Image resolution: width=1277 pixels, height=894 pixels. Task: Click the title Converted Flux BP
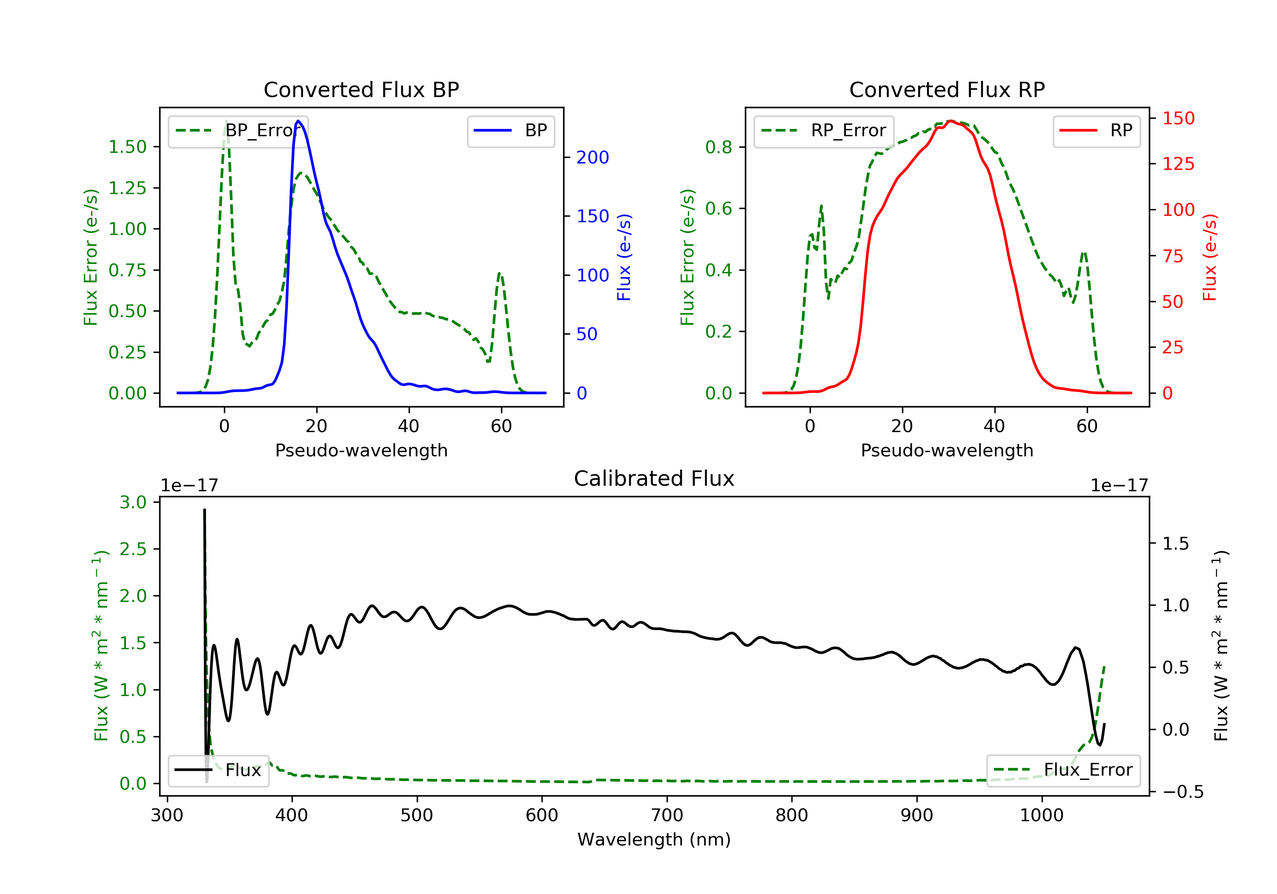tap(361, 89)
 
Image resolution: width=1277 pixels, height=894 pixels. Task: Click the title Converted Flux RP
tap(947, 89)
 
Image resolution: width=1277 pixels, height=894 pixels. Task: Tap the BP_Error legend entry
tap(238, 131)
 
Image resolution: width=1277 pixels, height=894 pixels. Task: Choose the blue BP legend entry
tap(510, 131)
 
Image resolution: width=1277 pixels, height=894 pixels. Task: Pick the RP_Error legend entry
tap(823, 131)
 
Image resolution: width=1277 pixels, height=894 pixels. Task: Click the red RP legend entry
tap(1096, 131)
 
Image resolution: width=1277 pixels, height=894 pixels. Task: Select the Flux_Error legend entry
tap(1063, 770)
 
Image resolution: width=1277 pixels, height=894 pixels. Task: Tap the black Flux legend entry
tap(218, 770)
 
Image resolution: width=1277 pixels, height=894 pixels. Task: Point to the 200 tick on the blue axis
tap(593, 158)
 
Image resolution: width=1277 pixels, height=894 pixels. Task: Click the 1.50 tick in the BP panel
tap(127, 147)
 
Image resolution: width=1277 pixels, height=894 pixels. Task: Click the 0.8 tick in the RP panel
tap(718, 147)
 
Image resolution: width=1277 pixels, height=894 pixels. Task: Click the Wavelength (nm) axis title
tap(654, 840)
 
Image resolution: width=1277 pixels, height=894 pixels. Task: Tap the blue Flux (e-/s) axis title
tap(624, 257)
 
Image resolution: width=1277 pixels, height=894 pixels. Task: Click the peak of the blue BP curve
tap(299, 121)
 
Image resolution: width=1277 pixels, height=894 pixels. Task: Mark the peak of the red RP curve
tap(951, 121)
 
